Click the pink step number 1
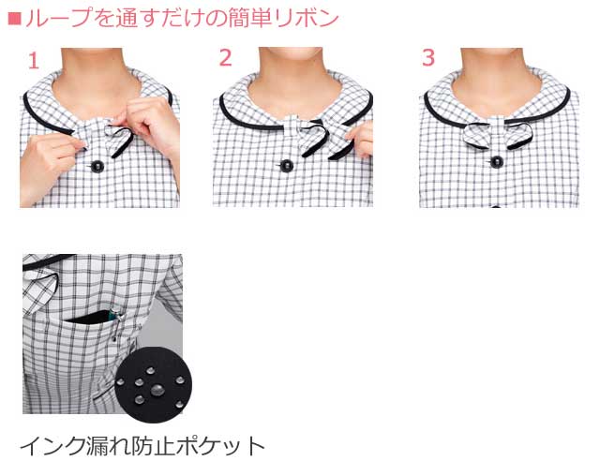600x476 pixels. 34,62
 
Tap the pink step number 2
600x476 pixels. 225,58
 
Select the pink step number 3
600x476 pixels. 428,58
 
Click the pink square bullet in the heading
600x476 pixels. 12,18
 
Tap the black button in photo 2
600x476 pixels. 286,166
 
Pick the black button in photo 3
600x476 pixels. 496,163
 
